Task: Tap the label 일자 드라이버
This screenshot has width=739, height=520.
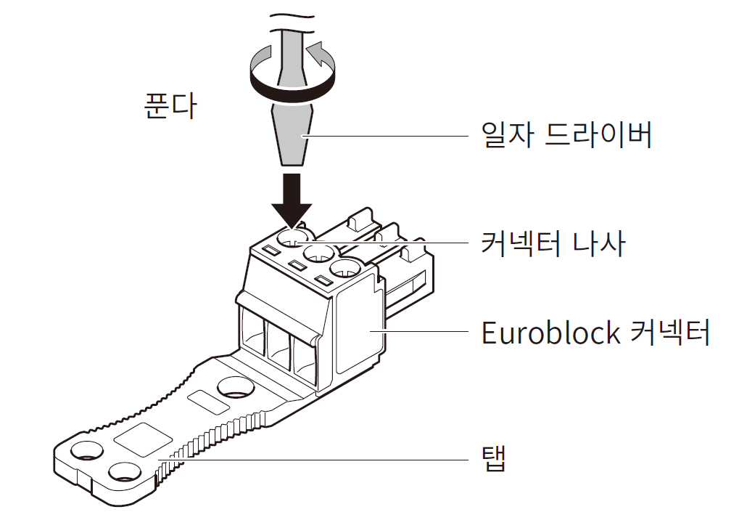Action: pos(567,136)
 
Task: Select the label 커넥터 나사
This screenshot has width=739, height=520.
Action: pos(553,243)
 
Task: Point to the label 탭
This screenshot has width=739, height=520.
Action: pos(493,459)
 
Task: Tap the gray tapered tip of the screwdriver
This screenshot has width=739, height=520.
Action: pos(293,134)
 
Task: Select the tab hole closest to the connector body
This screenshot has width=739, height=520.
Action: pos(237,387)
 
